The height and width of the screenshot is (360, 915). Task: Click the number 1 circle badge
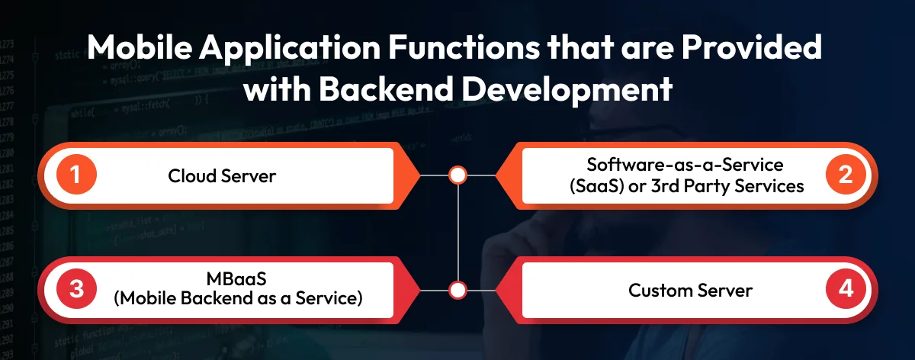(75, 176)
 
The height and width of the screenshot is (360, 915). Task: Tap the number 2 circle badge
(844, 176)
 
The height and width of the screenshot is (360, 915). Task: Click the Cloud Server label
(222, 176)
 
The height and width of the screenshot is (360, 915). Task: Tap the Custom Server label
(690, 291)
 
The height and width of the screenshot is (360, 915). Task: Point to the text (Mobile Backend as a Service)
(237, 298)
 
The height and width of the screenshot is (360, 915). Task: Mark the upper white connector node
(457, 176)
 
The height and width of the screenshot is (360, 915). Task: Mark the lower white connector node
(457, 291)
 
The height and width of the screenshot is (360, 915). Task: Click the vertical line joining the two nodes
(457, 233)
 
